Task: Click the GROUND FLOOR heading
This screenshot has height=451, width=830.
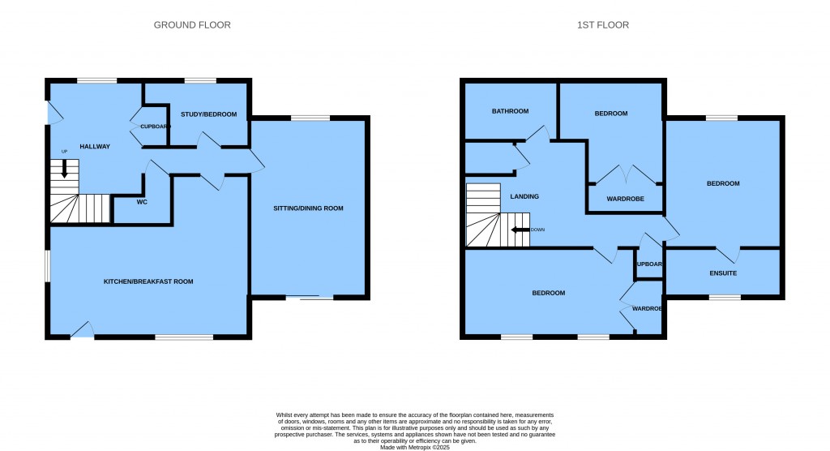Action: click(x=192, y=25)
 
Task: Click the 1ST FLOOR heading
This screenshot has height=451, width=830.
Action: click(x=602, y=25)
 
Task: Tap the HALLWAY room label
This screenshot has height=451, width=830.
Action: click(x=94, y=146)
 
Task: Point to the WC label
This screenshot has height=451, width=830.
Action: click(x=142, y=202)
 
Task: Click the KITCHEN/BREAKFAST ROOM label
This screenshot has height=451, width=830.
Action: click(x=148, y=281)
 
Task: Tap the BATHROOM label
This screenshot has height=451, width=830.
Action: click(x=510, y=111)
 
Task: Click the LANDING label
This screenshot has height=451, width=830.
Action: click(x=524, y=196)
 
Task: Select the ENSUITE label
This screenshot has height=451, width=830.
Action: click(x=723, y=273)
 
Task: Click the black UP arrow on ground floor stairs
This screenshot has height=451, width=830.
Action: click(x=65, y=170)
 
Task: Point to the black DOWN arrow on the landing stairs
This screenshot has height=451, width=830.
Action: click(x=519, y=230)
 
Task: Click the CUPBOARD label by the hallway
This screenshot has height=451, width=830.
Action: click(x=154, y=127)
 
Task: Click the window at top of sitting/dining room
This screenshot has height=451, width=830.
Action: click(x=310, y=118)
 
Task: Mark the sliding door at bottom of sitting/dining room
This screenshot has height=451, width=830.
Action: click(x=310, y=298)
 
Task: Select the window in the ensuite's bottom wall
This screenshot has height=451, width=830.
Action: click(x=725, y=298)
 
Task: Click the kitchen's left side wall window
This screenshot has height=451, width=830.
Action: click(x=47, y=266)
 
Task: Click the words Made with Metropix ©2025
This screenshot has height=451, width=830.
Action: click(x=414, y=446)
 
